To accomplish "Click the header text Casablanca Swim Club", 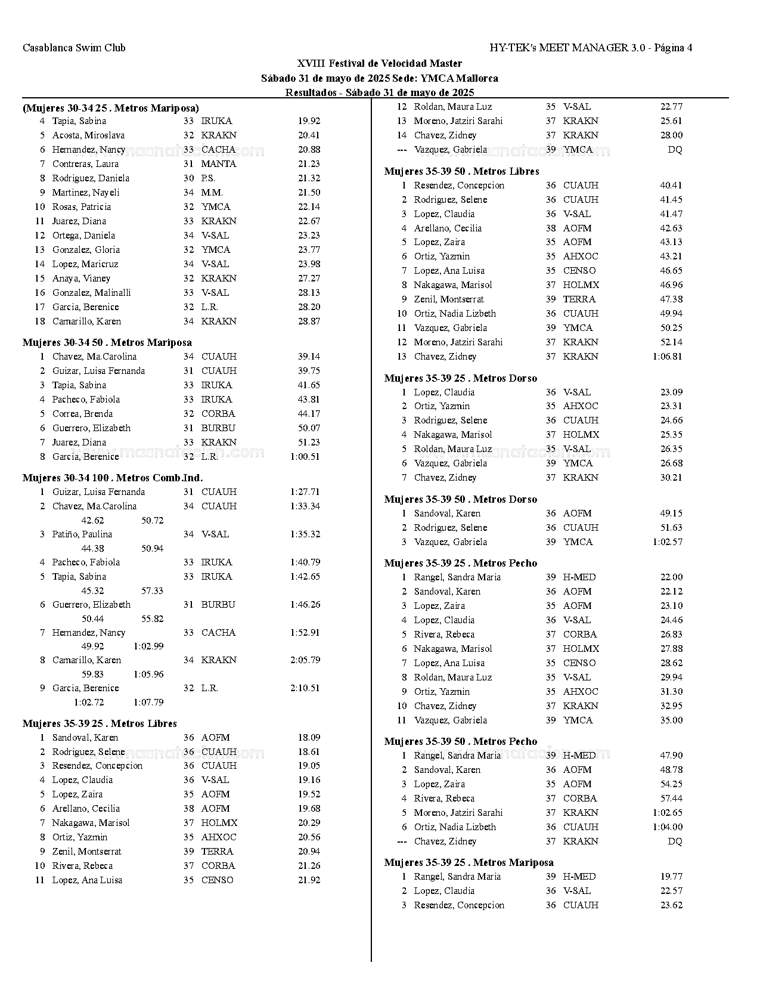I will (74, 48).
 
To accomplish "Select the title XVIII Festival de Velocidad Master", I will (379, 63).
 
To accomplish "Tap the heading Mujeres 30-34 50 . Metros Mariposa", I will (107, 342).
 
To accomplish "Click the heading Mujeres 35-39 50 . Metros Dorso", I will (460, 499).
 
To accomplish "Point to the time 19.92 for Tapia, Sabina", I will (309, 121).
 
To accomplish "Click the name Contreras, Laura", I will (85, 164).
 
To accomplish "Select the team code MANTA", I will (219, 164).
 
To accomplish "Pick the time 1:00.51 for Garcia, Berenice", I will (305, 457).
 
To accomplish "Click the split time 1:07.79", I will (148, 703).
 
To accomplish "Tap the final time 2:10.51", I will (305, 688).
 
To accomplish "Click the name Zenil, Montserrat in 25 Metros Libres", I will (86, 852).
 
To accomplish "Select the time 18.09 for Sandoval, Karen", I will (309, 738).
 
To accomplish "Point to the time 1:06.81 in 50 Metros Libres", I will (668, 357).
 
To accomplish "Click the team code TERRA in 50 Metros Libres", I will (579, 299).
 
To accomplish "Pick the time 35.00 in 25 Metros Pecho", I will (671, 720).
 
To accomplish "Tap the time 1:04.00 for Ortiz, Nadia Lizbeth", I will (668, 827).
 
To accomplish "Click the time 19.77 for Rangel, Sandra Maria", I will (671, 877).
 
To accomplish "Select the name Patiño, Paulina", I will (82, 534).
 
